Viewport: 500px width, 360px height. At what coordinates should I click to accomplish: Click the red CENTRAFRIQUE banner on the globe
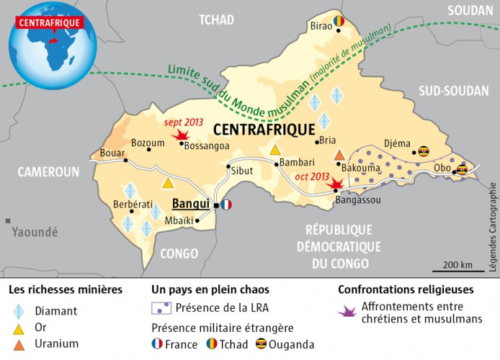(x=49, y=20)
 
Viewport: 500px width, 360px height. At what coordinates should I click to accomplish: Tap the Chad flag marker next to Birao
(x=338, y=22)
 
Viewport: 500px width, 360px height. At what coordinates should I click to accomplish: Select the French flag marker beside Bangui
(x=227, y=204)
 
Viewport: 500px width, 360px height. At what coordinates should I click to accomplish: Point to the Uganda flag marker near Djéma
(x=424, y=151)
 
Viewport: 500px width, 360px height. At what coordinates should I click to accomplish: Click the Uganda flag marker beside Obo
(x=462, y=170)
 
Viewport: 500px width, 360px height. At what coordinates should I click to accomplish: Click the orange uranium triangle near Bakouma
(x=339, y=155)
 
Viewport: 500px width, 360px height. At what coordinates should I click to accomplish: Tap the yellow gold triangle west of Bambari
(x=274, y=150)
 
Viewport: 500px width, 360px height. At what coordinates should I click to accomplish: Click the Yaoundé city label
(x=35, y=232)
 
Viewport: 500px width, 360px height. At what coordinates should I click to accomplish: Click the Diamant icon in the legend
(x=20, y=311)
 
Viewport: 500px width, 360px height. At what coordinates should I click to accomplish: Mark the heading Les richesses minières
(x=65, y=290)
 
